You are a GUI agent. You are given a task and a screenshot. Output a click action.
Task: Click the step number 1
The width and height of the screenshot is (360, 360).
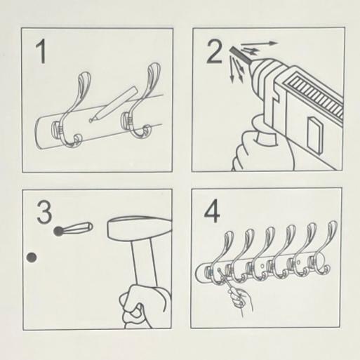[x=41, y=51]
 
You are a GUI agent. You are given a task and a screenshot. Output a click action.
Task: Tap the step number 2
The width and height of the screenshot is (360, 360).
[x=214, y=51]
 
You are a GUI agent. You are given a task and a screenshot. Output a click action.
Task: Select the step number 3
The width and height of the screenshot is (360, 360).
[x=44, y=213]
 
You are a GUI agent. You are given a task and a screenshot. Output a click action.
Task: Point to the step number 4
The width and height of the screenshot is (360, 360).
[x=212, y=211]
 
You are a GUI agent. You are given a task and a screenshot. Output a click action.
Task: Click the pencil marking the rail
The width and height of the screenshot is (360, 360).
[x=113, y=105]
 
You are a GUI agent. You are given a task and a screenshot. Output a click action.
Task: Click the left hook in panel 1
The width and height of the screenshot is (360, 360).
[x=71, y=110]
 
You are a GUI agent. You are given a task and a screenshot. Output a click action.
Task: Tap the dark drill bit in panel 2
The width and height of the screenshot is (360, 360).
[x=241, y=55]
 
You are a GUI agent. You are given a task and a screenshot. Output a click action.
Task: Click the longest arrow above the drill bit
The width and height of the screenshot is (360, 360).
[x=259, y=44]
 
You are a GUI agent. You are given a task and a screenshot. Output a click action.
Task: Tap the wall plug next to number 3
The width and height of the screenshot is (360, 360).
[x=73, y=229]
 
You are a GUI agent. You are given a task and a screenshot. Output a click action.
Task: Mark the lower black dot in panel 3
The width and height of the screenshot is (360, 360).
[x=32, y=258]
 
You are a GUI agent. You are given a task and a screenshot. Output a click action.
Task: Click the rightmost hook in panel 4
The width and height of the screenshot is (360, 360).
[x=321, y=251]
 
